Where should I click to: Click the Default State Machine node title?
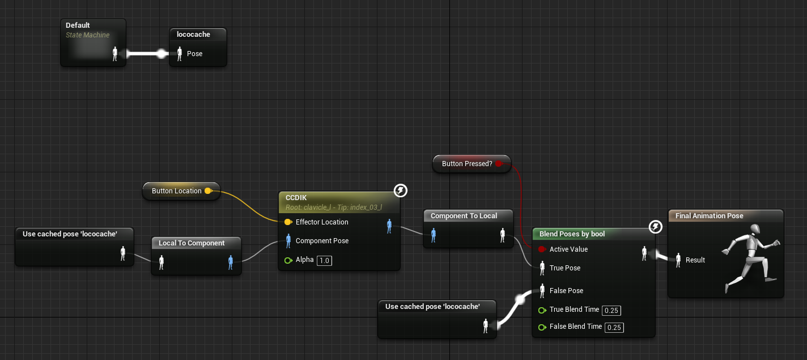[x=78, y=25]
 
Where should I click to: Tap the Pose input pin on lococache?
[x=180, y=54]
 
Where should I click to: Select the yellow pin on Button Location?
[x=208, y=190]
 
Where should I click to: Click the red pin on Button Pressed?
[x=499, y=164]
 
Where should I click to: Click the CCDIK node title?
[x=296, y=197]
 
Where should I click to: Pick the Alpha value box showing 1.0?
[x=324, y=260]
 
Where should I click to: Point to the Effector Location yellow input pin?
[x=288, y=222]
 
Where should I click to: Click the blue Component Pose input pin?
[x=288, y=241]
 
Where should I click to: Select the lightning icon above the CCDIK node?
[x=400, y=190]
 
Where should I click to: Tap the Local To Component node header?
[x=192, y=243]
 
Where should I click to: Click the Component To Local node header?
[x=464, y=216]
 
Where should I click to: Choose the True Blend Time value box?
[x=611, y=310]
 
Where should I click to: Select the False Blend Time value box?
[x=614, y=327]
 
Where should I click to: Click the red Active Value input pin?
[x=542, y=249]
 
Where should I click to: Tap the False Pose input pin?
[x=542, y=290]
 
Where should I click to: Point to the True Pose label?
[x=565, y=268]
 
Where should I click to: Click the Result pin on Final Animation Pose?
[x=678, y=260]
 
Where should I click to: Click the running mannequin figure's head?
[x=754, y=229]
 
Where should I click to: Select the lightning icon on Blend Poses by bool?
[x=655, y=227]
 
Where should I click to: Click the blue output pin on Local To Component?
[x=231, y=262]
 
